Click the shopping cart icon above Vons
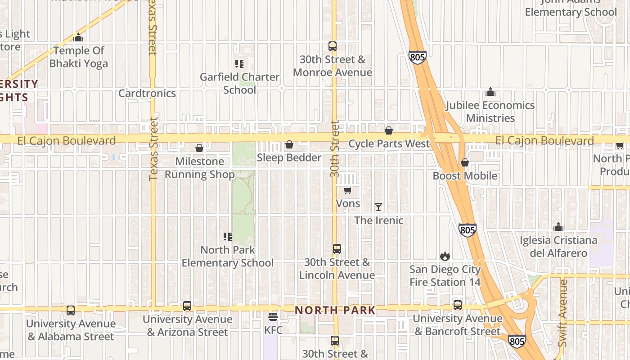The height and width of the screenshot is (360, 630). click(347, 191)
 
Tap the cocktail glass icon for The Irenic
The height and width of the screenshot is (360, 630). click(378, 207)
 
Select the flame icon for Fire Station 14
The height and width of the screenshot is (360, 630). click(445, 256)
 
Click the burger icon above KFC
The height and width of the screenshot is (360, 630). click(273, 317)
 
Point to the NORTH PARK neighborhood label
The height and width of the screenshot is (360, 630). click(335, 310)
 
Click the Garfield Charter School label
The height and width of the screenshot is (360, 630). click(239, 83)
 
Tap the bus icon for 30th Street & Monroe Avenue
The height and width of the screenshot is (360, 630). click(333, 46)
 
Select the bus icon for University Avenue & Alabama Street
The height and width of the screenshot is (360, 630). click(71, 310)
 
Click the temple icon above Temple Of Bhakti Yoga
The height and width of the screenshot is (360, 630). click(79, 37)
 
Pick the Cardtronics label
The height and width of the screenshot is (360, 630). click(147, 93)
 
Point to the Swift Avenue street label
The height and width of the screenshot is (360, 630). click(562, 313)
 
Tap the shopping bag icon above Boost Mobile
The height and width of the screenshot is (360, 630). click(465, 162)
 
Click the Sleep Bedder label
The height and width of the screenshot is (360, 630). click(289, 157)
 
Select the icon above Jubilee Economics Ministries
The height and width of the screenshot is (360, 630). click(490, 92)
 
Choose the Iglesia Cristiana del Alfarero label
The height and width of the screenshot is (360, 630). click(558, 247)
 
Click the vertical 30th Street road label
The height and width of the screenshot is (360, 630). click(334, 148)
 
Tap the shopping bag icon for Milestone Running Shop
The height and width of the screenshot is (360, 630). click(199, 148)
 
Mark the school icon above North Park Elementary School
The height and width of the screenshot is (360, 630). click(228, 236)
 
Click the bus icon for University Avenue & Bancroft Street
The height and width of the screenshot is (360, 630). click(458, 305)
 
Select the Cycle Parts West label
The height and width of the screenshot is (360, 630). click(389, 144)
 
